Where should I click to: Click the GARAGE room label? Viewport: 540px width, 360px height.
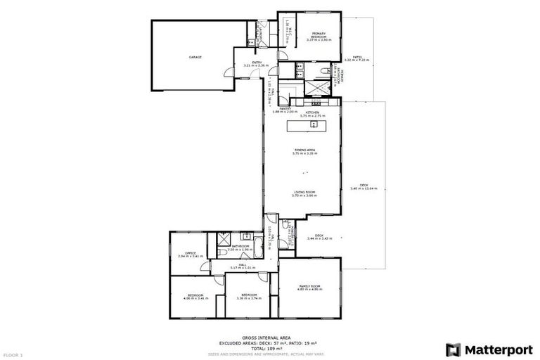tap(195, 57)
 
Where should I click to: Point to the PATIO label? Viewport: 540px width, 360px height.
tap(357, 58)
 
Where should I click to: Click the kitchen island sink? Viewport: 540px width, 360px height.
tap(314, 126)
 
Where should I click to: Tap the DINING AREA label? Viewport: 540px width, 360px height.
tap(304, 150)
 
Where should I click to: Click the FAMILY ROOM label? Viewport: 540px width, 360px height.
tap(310, 285)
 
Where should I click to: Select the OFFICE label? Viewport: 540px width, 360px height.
tap(190, 253)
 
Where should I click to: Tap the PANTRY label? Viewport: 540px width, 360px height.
tap(285, 109)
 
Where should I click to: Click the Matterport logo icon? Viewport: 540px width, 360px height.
tap(454, 349)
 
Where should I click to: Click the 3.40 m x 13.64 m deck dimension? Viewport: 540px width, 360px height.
tap(364, 189)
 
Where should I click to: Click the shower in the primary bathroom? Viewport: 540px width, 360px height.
tap(307, 88)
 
